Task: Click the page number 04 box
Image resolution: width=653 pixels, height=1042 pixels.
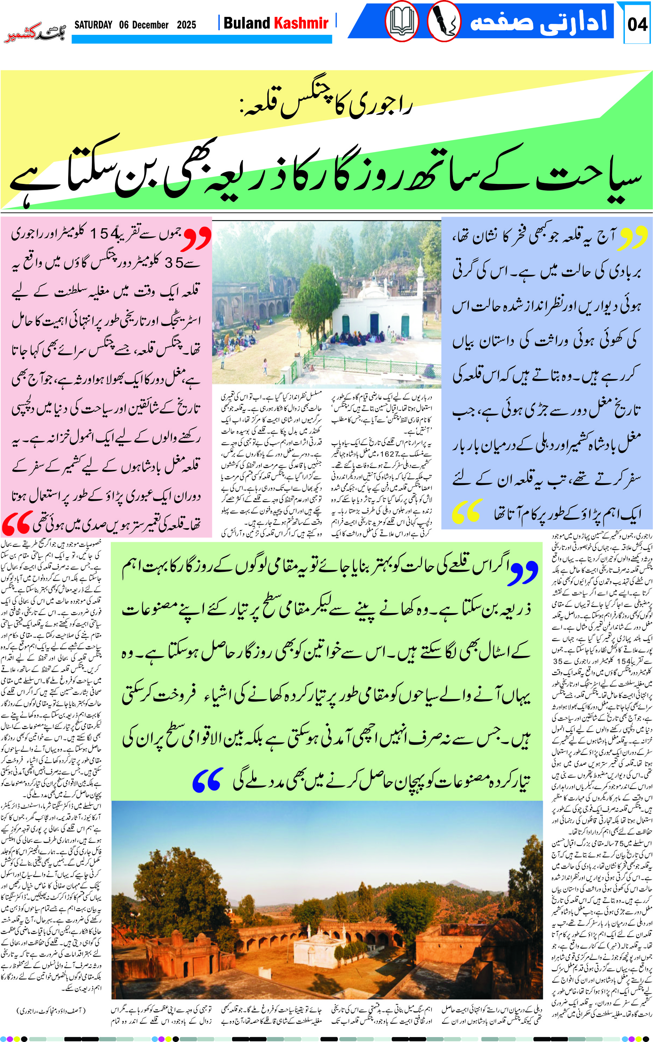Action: (x=637, y=24)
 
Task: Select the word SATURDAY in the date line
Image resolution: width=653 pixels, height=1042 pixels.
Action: (x=93, y=25)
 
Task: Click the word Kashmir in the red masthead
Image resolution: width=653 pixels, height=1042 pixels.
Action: (x=301, y=23)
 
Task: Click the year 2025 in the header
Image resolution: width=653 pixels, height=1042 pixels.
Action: (x=187, y=25)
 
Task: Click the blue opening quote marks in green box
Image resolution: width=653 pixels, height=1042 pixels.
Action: (x=524, y=573)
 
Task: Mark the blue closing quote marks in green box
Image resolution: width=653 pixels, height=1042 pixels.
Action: (x=208, y=779)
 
